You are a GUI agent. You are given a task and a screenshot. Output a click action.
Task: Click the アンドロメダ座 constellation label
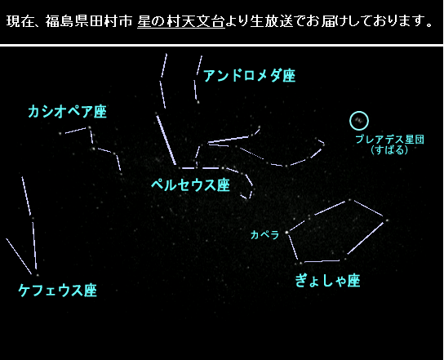pos(250,75)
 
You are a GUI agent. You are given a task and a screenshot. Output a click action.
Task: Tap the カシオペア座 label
pos(68,111)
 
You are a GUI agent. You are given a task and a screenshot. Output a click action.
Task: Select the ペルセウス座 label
pos(190,185)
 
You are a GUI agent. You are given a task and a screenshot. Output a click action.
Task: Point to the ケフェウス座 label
pos(57,290)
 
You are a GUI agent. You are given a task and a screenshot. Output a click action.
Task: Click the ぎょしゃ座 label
pos(327,281)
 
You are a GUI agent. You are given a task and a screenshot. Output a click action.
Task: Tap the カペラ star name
pos(264,234)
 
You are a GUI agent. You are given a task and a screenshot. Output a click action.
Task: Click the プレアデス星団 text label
pos(389,140)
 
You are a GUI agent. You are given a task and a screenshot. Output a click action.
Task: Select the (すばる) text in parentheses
pos(389,149)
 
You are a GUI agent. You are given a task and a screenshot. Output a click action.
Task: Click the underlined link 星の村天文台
pos(181,21)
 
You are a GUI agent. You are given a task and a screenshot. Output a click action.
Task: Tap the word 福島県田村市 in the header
pos(89,21)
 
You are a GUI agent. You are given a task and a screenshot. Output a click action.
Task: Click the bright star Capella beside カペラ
pos(286,233)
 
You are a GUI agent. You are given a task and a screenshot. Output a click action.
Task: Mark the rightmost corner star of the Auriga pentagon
pos(387,220)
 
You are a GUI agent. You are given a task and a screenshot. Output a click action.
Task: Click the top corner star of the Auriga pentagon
pos(349,200)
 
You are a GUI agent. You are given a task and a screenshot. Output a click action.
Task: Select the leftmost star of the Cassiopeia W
pos(60,133)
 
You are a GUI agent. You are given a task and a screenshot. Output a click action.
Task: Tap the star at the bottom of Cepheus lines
pos(38,275)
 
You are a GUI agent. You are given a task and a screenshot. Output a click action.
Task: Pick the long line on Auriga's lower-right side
pos(366,238)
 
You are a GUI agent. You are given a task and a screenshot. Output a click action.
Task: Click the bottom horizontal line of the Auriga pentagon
pos(322,261)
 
